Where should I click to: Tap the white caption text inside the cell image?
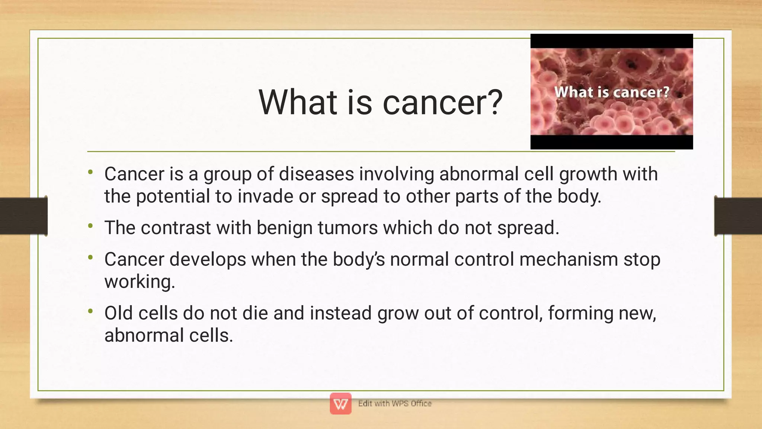pyautogui.click(x=612, y=92)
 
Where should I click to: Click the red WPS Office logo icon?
pyautogui.click(x=340, y=403)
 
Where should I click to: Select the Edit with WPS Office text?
pyautogui.click(x=395, y=403)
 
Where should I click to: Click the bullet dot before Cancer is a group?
pyautogui.click(x=90, y=172)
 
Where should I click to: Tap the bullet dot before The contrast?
pyautogui.click(x=90, y=225)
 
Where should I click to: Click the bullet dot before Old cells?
pyautogui.click(x=90, y=311)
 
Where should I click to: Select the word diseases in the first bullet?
pyautogui.click(x=316, y=174)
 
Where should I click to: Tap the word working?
pyautogui.click(x=140, y=282)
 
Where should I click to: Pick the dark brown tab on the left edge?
pyautogui.click(x=23, y=216)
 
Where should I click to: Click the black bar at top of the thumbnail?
pyautogui.click(x=612, y=41)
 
